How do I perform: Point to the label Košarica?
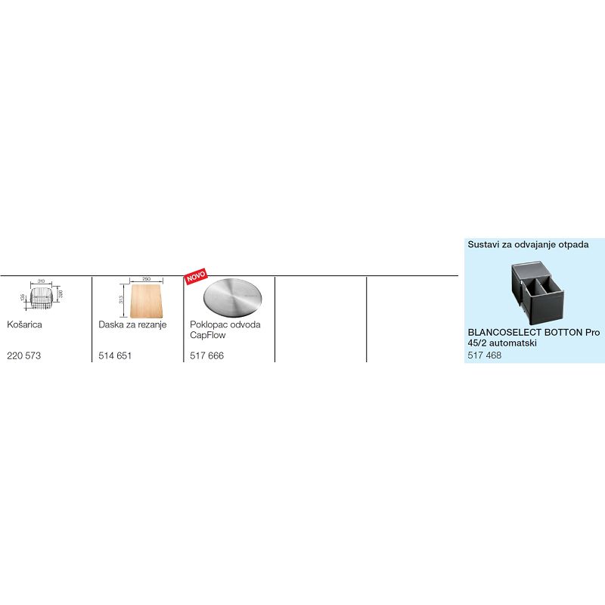pyautogui.click(x=24, y=324)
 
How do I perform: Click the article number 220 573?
pyautogui.click(x=23, y=355)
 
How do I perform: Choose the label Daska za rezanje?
pyautogui.click(x=132, y=324)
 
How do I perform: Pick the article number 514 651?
pyautogui.click(x=115, y=355)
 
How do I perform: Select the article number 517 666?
pyautogui.click(x=206, y=355)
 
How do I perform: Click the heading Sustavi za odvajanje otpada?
pyautogui.click(x=528, y=245)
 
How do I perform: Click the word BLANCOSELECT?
pyautogui.click(x=504, y=333)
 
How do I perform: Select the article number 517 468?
pyautogui.click(x=484, y=355)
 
